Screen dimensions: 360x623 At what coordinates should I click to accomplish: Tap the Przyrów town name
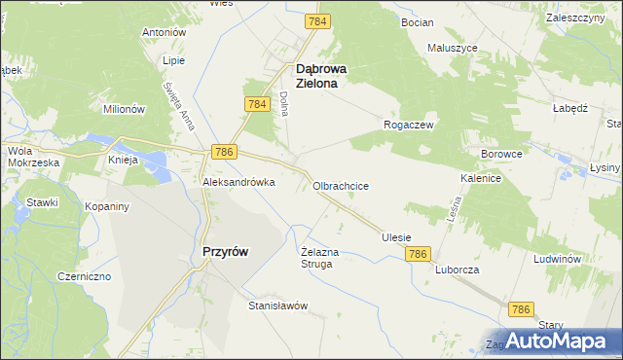tap(224, 251)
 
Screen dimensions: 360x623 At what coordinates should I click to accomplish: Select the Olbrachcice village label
tap(340, 185)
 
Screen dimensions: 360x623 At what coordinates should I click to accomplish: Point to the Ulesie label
tap(396, 237)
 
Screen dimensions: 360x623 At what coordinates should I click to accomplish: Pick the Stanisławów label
tap(277, 306)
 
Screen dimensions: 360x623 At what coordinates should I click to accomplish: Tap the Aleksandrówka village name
tap(238, 182)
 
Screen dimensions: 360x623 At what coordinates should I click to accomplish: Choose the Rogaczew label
tap(409, 126)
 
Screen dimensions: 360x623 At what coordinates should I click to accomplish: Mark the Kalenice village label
tap(481, 179)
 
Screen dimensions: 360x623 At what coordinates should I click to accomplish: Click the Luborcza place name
tap(458, 270)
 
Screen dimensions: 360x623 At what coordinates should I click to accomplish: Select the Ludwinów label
tap(557, 260)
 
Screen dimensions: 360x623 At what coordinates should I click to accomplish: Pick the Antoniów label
tap(164, 32)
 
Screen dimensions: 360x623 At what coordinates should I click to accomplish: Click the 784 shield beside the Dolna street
tap(257, 104)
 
